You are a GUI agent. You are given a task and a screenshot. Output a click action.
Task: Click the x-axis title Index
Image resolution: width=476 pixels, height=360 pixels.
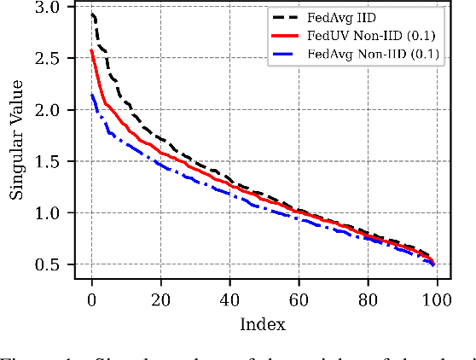point(263,324)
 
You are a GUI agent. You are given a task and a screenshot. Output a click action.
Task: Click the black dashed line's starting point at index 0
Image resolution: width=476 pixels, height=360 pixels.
point(92,14)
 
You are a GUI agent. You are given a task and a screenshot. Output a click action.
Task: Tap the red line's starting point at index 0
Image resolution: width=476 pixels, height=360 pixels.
point(92,50)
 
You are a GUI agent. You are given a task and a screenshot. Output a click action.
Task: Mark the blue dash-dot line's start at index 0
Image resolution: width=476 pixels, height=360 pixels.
point(92,95)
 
